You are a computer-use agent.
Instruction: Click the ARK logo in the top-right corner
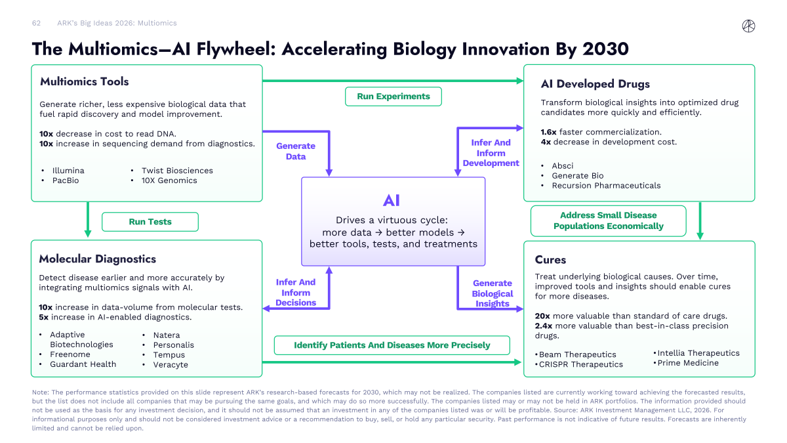748,26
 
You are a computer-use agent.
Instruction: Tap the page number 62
37,23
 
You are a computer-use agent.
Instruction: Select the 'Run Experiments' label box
393,96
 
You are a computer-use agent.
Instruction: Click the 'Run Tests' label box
150,222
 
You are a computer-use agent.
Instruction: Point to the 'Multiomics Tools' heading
84,82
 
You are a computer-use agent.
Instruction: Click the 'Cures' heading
551,260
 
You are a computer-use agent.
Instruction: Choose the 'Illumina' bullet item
68,171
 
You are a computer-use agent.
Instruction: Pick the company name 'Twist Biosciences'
177,171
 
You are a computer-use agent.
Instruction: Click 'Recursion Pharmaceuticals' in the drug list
606,186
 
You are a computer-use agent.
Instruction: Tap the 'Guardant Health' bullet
83,364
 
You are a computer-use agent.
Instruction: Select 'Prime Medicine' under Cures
688,363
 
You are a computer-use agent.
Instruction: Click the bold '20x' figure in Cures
543,316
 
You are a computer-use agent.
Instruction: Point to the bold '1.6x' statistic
548,132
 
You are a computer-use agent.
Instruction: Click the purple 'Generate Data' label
296,151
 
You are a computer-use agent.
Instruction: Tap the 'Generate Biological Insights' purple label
493,293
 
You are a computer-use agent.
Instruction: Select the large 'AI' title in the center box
392,201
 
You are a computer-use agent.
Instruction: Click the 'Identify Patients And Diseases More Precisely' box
392,345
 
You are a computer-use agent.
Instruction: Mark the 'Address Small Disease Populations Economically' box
608,221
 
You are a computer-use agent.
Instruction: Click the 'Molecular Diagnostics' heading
97,259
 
